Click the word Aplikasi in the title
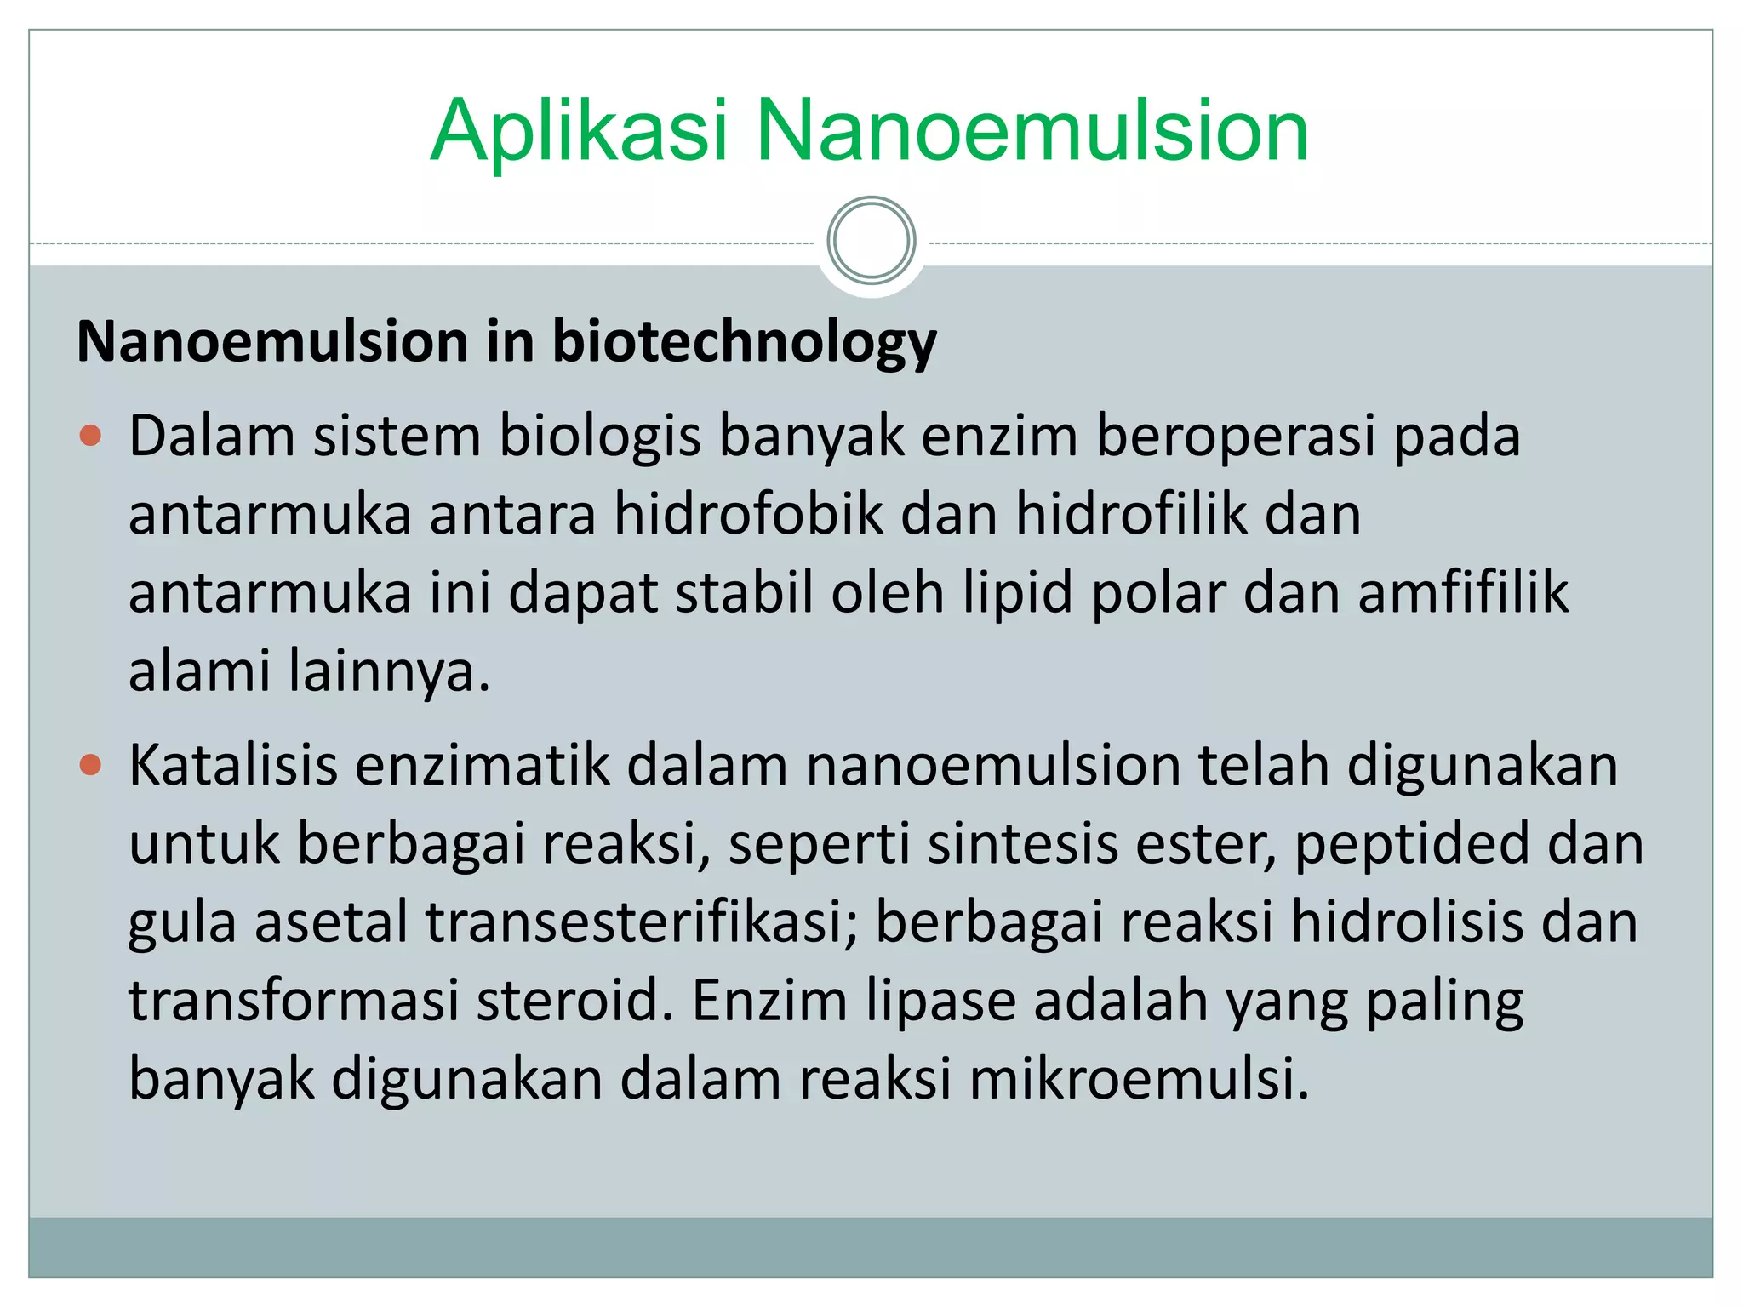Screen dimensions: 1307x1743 pyautogui.click(x=579, y=132)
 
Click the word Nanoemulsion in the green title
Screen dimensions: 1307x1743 pyautogui.click(x=1032, y=132)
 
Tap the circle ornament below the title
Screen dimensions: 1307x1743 pyautogui.click(x=871, y=241)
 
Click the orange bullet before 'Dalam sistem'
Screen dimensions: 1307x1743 pyautogui.click(x=90, y=437)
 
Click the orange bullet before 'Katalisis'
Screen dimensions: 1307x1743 pyautogui.click(x=90, y=765)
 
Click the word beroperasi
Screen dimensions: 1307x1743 pyautogui.click(x=1234, y=437)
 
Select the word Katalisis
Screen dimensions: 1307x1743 pyautogui.click(x=233, y=765)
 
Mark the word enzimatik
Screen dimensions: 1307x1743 pyautogui.click(x=482, y=765)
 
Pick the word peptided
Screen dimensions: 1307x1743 pyautogui.click(x=1412, y=843)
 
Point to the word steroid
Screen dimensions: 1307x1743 pyautogui.click(x=574, y=1001)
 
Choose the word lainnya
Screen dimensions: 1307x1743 pyautogui.click(x=388, y=671)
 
